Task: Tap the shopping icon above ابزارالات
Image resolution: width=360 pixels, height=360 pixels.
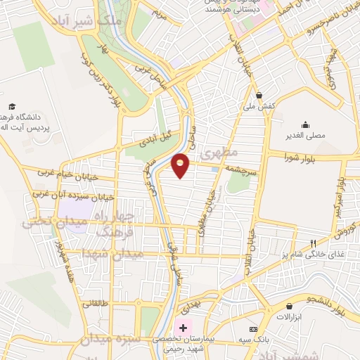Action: pos(289,307)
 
